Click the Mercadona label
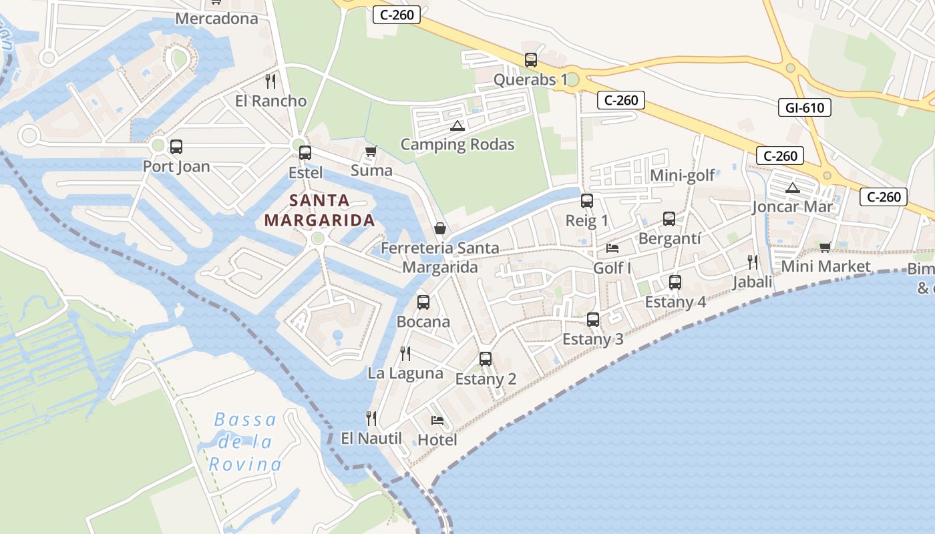pos(216,18)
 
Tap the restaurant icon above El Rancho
pos(270,81)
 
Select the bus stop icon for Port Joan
pos(176,147)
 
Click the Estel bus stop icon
pos(305,153)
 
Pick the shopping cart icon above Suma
pos(371,151)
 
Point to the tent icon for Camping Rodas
pos(457,125)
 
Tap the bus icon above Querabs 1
pos(531,60)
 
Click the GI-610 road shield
pos(804,107)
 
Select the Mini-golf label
pos(682,176)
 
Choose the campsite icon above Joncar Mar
pos(793,188)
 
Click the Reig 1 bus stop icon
pos(587,201)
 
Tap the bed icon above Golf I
pos(612,248)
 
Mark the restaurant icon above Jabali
pos(753,262)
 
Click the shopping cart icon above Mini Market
pos(825,247)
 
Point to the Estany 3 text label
pos(593,339)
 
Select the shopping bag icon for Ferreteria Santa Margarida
pos(440,228)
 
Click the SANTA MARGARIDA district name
pos(319,210)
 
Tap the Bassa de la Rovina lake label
pos(244,441)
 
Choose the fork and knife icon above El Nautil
pos(371,419)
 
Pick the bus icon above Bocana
pos(423,302)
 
